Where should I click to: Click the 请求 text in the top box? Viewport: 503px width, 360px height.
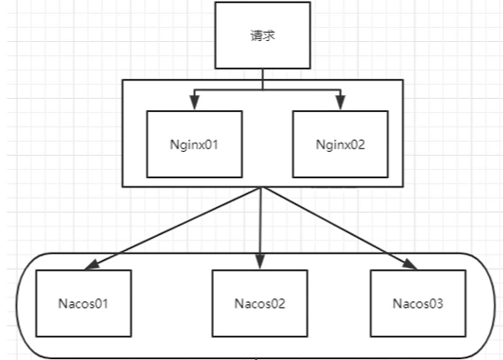click(x=262, y=36)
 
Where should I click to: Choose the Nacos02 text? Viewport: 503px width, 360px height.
click(x=259, y=304)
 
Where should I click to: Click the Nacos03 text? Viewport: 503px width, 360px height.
click(x=418, y=303)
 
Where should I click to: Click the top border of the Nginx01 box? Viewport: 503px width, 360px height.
click(x=194, y=112)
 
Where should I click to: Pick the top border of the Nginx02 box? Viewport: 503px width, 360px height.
click(x=340, y=112)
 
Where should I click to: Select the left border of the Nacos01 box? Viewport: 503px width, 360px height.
click(x=36, y=302)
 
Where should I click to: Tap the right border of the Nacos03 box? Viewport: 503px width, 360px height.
click(x=466, y=302)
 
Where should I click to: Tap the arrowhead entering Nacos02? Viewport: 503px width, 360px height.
click(x=259, y=264)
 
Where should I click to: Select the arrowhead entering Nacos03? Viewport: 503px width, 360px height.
click(x=410, y=265)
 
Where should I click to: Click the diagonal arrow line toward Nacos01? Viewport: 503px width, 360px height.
click(x=177, y=227)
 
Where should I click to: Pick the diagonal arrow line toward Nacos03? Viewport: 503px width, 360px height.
click(x=336, y=227)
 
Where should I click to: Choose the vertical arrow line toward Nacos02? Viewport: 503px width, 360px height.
click(x=260, y=224)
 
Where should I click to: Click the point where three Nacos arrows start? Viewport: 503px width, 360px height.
click(x=261, y=187)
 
